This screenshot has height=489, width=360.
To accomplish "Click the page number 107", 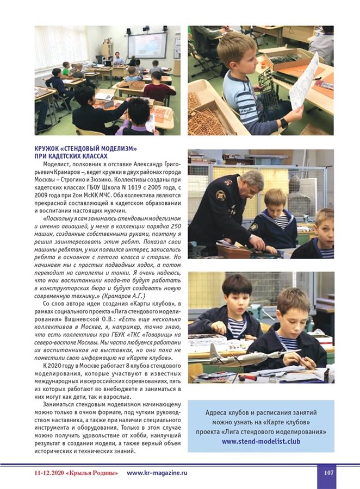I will tap(328, 473).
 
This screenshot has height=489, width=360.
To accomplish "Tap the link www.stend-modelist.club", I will tap(260, 441).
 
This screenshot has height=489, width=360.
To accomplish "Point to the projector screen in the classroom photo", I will tap(147, 45).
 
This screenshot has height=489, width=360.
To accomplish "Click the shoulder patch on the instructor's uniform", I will tap(220, 195).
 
